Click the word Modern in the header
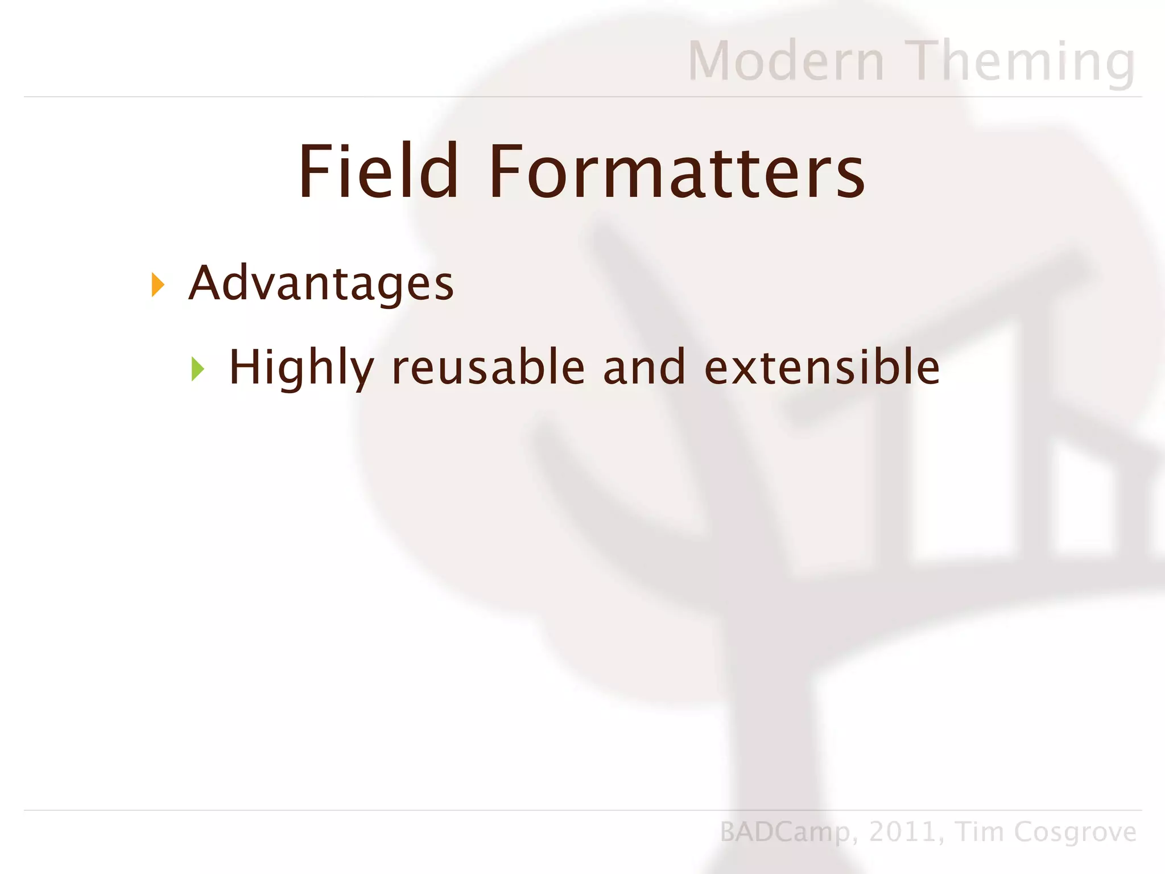(786, 61)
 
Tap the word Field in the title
(378, 172)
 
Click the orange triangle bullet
(158, 285)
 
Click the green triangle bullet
(197, 369)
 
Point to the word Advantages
(321, 283)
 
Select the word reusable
(489, 368)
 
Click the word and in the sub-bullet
(645, 368)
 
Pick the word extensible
(822, 368)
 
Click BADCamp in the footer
(785, 832)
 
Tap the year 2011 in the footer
(902, 832)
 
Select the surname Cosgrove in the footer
(1075, 832)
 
